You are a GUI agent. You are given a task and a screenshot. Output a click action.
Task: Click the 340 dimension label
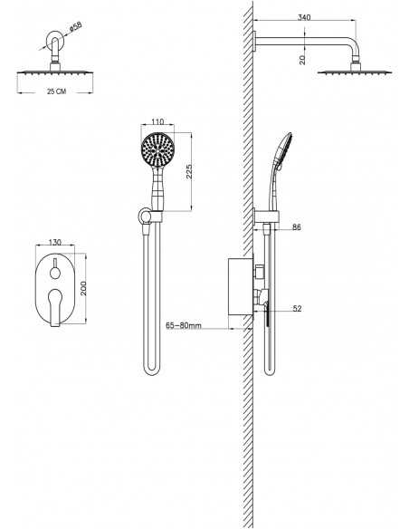[304, 17]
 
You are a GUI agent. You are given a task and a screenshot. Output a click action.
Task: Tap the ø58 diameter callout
[76, 27]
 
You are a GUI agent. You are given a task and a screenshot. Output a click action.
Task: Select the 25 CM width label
[57, 91]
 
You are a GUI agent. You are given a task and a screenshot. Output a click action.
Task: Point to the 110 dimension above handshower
[157, 121]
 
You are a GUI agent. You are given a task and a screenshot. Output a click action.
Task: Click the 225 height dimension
[189, 171]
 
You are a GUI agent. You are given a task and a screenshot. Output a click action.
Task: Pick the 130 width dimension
[55, 242]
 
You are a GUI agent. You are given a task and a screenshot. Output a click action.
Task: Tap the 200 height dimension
[83, 288]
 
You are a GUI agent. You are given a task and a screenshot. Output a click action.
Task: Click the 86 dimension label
[297, 227]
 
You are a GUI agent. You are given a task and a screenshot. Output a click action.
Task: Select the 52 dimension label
[297, 308]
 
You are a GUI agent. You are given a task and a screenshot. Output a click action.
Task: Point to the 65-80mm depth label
[184, 325]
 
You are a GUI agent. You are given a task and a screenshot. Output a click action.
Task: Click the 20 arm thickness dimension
[302, 60]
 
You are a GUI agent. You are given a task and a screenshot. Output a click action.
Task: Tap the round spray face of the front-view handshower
[157, 149]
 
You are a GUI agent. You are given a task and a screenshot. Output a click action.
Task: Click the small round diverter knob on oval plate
[55, 272]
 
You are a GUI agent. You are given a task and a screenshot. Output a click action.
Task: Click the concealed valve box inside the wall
[241, 287]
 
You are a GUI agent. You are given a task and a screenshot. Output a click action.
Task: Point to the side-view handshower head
[283, 148]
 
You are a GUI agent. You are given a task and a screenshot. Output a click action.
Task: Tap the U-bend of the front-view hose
[152, 369]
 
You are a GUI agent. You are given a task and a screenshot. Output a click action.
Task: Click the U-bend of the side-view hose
[271, 370]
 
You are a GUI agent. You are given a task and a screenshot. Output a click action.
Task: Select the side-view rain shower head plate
[355, 72]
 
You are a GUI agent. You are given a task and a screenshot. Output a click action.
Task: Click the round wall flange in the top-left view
[54, 40]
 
